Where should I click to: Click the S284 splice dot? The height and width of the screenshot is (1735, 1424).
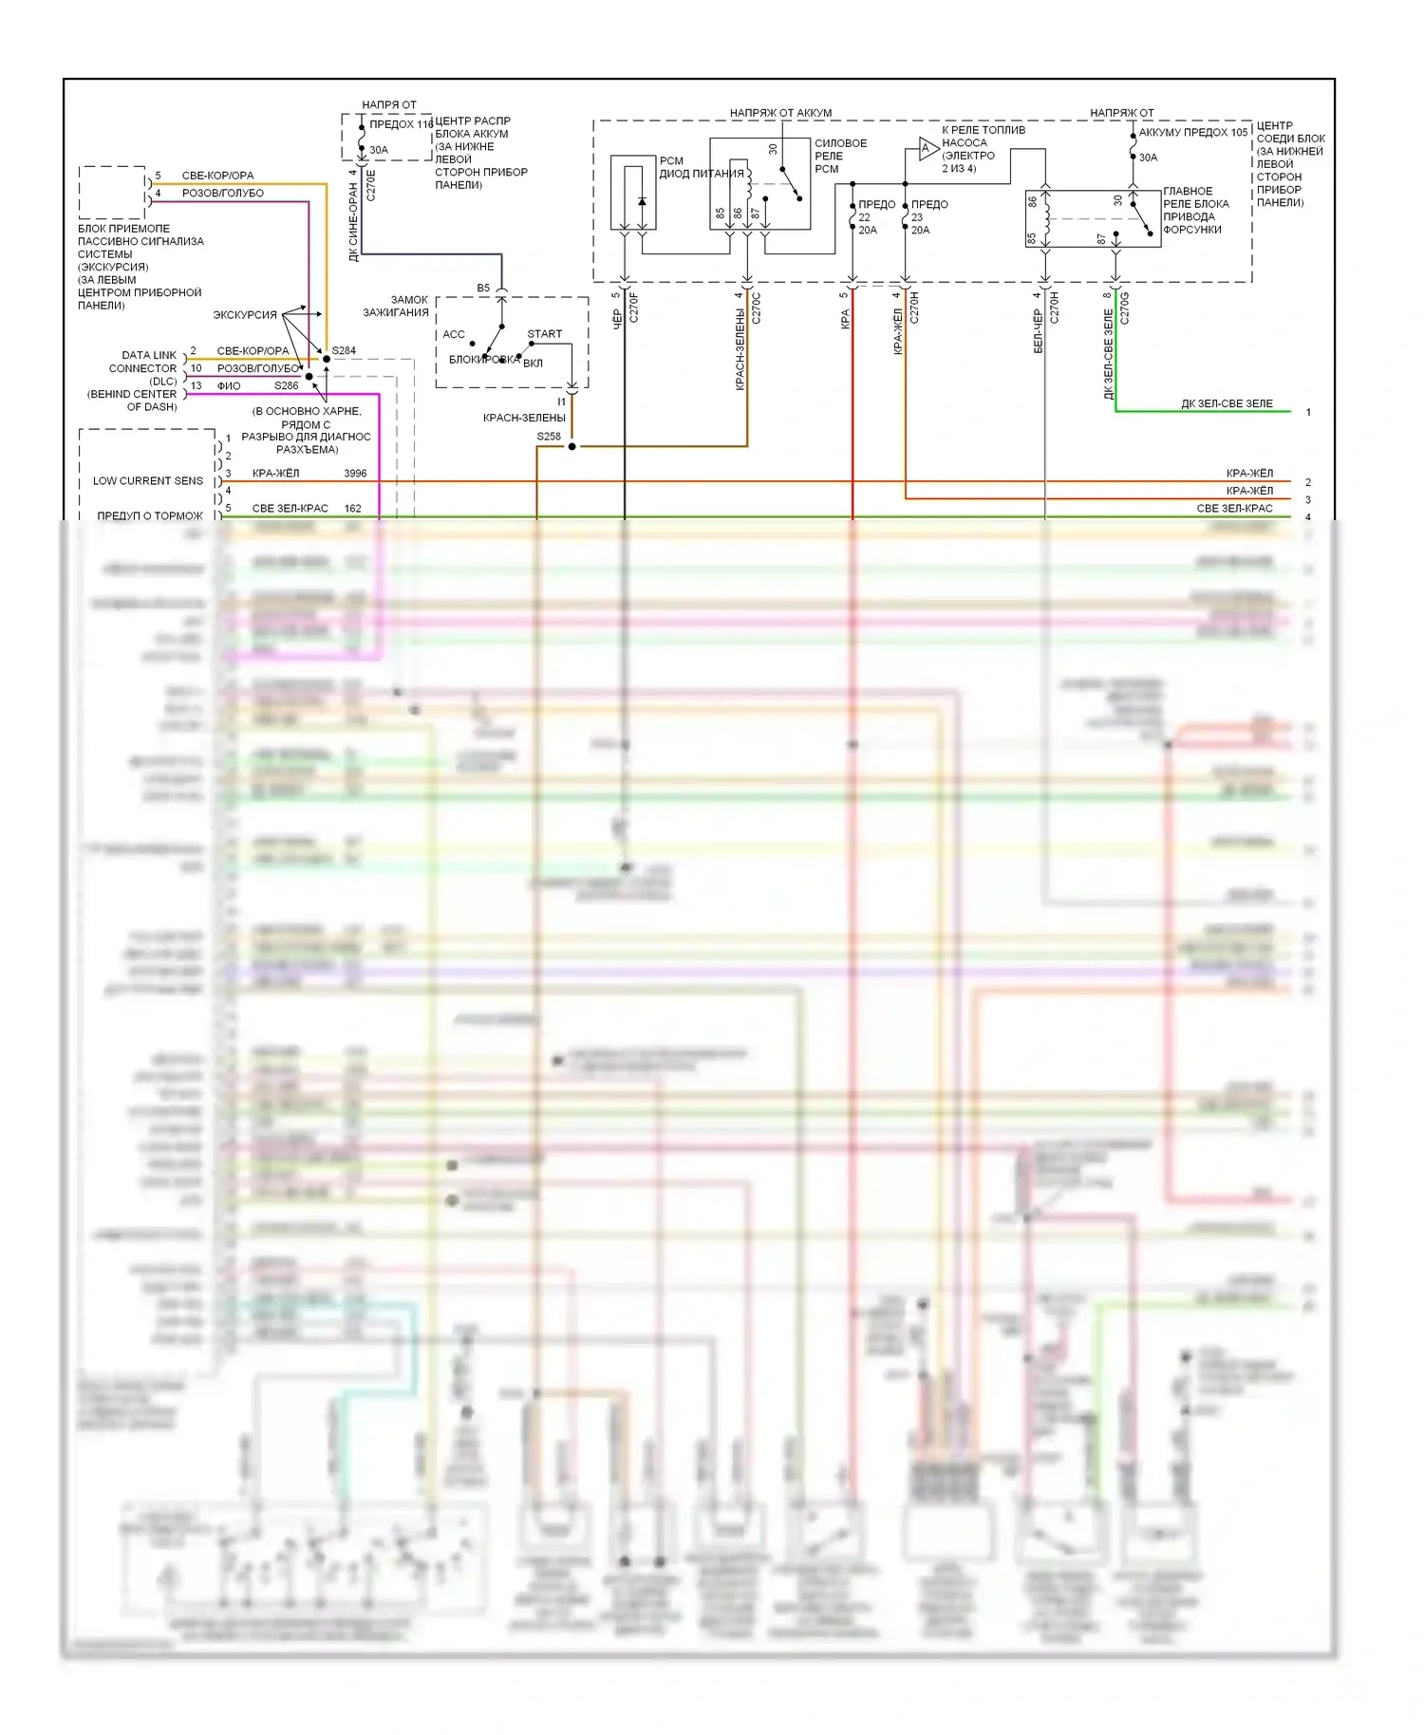pyautogui.click(x=327, y=359)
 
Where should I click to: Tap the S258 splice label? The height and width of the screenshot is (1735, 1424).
pyautogui.click(x=549, y=437)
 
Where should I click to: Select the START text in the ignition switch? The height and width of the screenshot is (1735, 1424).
pyautogui.click(x=545, y=334)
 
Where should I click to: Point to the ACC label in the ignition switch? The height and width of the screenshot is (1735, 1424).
pyautogui.click(x=454, y=334)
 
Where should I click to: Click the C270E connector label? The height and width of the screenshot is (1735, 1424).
pyautogui.click(x=370, y=182)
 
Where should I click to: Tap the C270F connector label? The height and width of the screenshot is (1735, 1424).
pyautogui.click(x=634, y=308)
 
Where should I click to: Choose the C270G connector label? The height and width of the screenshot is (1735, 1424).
pyautogui.click(x=1125, y=308)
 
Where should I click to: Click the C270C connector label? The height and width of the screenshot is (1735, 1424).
pyautogui.click(x=757, y=308)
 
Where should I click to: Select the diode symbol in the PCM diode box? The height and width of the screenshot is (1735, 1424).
pyautogui.click(x=642, y=201)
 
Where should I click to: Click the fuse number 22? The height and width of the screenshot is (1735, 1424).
pyautogui.click(x=864, y=217)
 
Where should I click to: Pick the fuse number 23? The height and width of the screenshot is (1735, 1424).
pyautogui.click(x=917, y=217)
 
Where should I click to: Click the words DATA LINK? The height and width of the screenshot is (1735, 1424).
pyautogui.click(x=149, y=355)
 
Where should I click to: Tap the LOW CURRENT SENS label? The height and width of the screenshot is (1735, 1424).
pyautogui.click(x=148, y=481)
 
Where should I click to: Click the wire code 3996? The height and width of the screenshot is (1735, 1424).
pyautogui.click(x=355, y=474)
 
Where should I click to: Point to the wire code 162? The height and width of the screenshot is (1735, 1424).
pyautogui.click(x=352, y=509)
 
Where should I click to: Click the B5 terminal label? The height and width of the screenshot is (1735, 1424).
pyautogui.click(x=483, y=289)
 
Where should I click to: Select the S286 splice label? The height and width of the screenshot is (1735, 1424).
pyautogui.click(x=287, y=386)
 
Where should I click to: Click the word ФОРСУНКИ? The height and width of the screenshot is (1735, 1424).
pyautogui.click(x=1192, y=230)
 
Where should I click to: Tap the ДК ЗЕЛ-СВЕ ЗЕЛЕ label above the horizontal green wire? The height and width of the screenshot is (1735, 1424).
pyautogui.click(x=1227, y=404)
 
